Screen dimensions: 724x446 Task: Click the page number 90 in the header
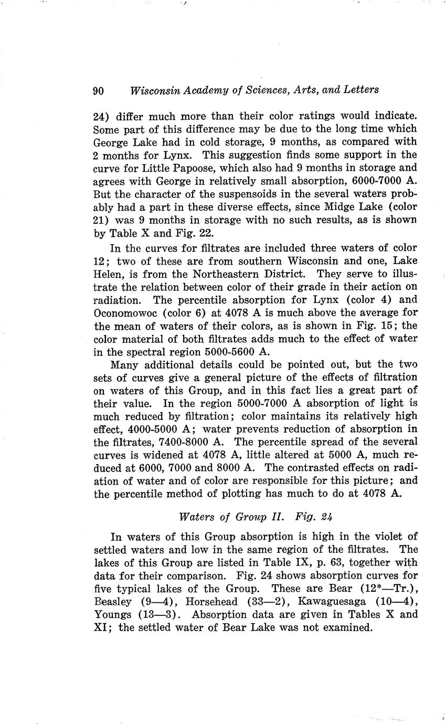99,91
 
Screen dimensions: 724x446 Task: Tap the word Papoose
217,168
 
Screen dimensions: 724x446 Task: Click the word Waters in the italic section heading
197,516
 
